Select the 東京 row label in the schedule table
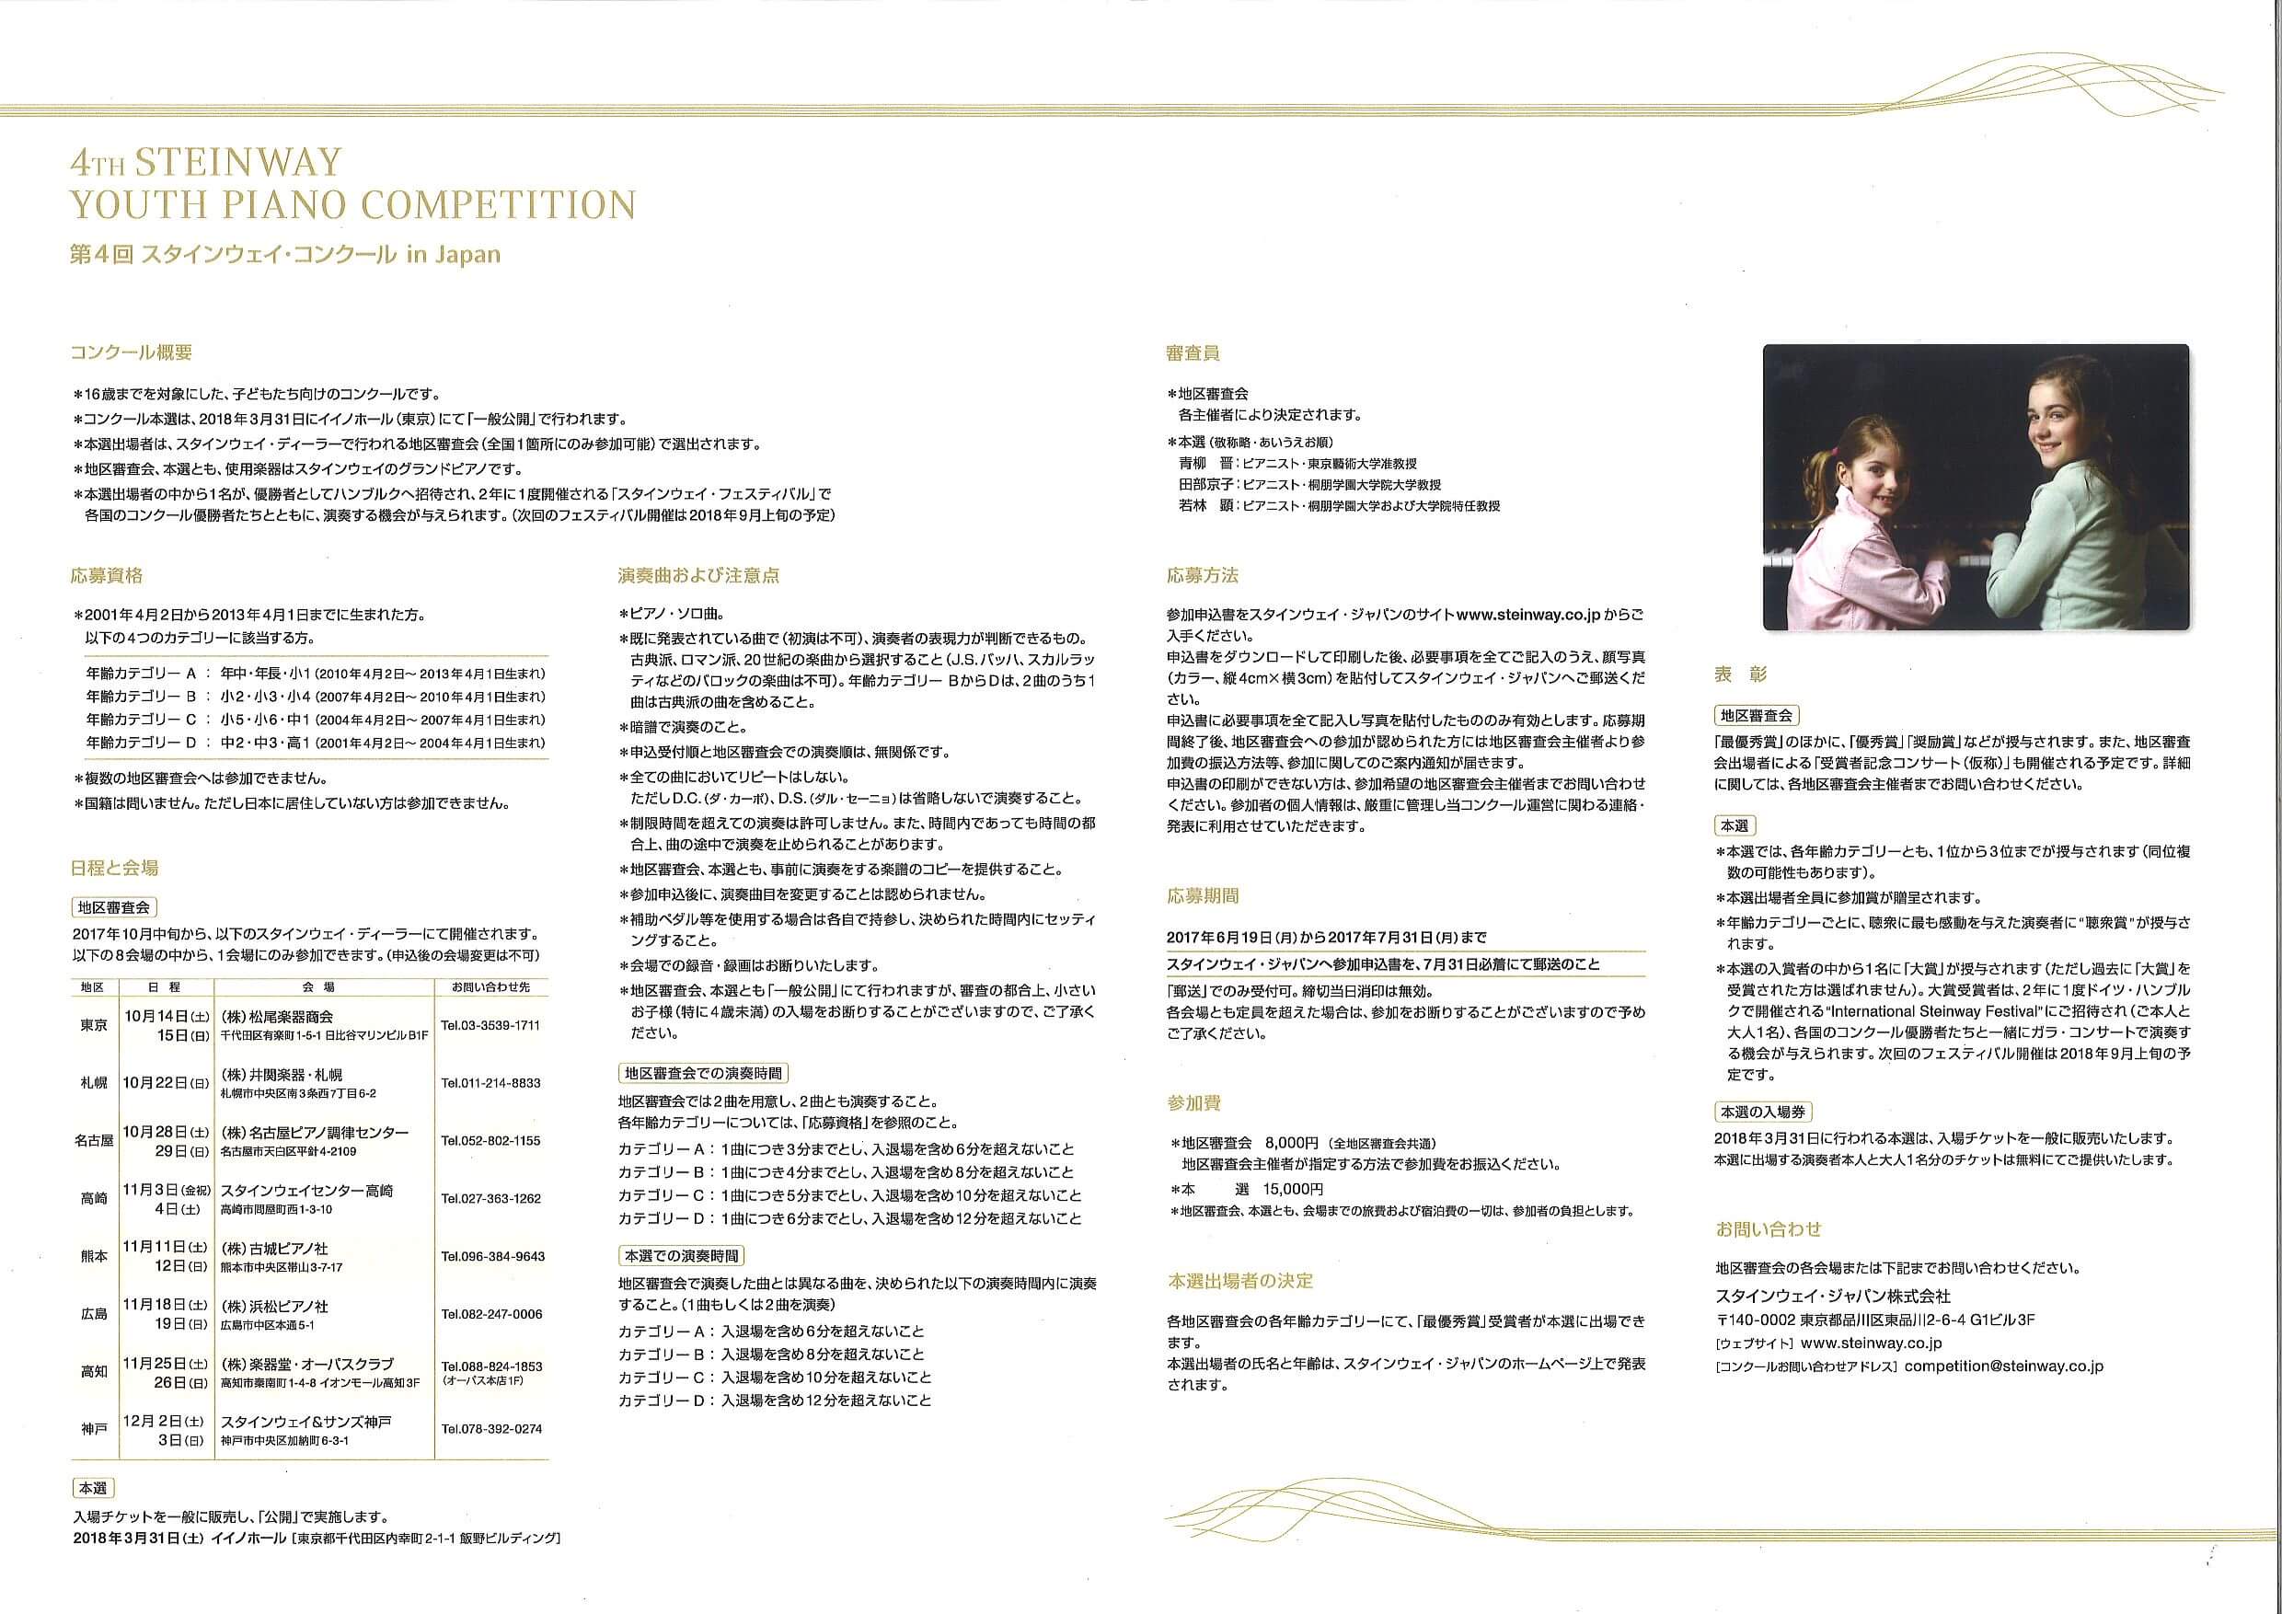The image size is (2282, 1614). (x=95, y=1026)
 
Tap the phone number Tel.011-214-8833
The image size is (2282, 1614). (x=490, y=1083)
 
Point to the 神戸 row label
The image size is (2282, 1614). (x=95, y=1429)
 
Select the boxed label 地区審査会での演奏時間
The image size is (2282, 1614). (x=703, y=1073)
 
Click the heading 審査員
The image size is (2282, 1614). (x=1193, y=352)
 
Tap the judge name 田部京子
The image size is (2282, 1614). (x=1204, y=485)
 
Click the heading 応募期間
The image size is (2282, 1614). (x=1203, y=895)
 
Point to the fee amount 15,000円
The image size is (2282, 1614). (x=1293, y=1189)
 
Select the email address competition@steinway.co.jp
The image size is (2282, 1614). (x=2005, y=1366)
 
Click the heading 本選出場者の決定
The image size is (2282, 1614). (x=1240, y=1281)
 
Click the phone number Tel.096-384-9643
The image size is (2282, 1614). (x=493, y=1256)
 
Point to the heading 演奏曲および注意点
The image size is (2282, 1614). (x=697, y=575)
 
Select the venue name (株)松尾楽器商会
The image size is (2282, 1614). (x=277, y=1017)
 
